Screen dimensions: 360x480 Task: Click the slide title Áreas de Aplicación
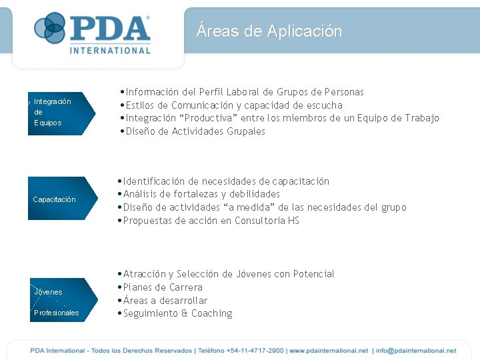point(269,31)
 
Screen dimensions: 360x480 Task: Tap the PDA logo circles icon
point(50,28)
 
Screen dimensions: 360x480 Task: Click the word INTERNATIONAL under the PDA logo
point(110,50)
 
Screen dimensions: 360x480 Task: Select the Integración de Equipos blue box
point(59,113)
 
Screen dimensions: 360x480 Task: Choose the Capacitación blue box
point(59,199)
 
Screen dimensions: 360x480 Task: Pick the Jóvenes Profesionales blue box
point(59,301)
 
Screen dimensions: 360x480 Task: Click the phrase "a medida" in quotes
point(250,207)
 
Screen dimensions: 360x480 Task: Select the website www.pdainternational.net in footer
point(329,350)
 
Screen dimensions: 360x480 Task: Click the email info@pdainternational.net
point(416,350)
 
